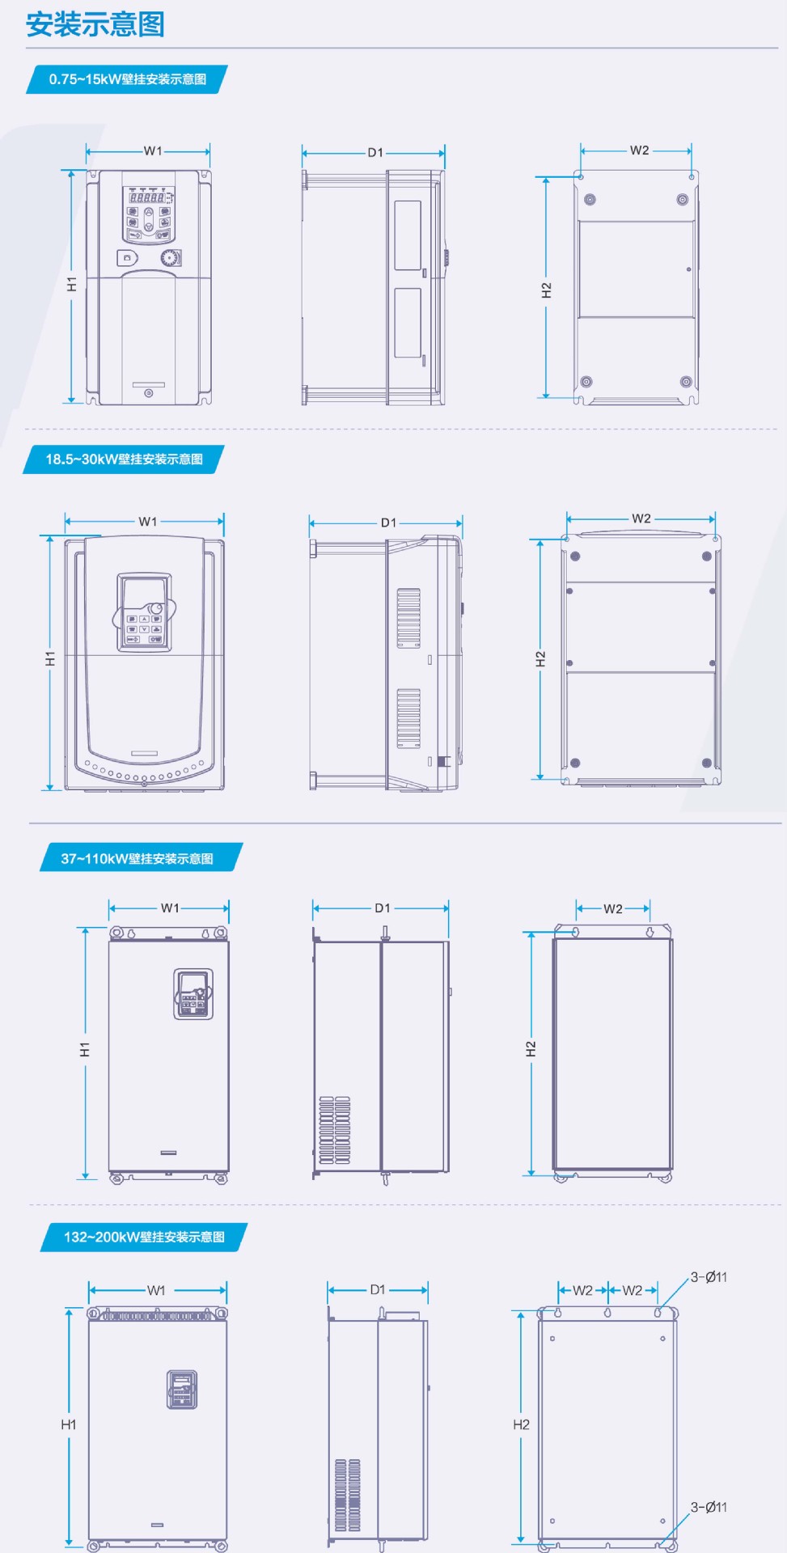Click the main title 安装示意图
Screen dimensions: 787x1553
click(x=95, y=24)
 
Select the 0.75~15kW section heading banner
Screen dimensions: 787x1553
click(x=127, y=79)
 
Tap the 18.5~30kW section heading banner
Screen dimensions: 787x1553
click(x=124, y=459)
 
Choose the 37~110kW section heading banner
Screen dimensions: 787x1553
click(x=141, y=858)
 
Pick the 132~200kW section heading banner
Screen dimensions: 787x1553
click(x=144, y=1237)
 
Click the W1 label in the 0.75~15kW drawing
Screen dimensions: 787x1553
click(x=153, y=151)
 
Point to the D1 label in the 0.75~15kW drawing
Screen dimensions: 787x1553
click(x=375, y=152)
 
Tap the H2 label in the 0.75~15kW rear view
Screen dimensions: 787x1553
click(x=547, y=290)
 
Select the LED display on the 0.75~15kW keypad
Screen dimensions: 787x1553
click(x=148, y=197)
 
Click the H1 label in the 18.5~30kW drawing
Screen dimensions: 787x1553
click(x=50, y=658)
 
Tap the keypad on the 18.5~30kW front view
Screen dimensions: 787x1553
click(x=144, y=612)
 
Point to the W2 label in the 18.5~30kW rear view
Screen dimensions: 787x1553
click(x=641, y=518)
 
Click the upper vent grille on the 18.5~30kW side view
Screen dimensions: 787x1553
click(x=408, y=618)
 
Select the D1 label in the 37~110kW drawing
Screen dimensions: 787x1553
click(x=383, y=908)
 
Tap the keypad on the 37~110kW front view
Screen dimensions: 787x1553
click(x=193, y=993)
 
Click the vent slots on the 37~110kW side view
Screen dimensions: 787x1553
click(x=335, y=1130)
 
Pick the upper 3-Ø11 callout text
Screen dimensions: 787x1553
click(x=709, y=1277)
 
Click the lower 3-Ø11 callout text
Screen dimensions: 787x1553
click(x=709, y=1507)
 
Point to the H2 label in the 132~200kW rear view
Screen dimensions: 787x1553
click(x=522, y=1424)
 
